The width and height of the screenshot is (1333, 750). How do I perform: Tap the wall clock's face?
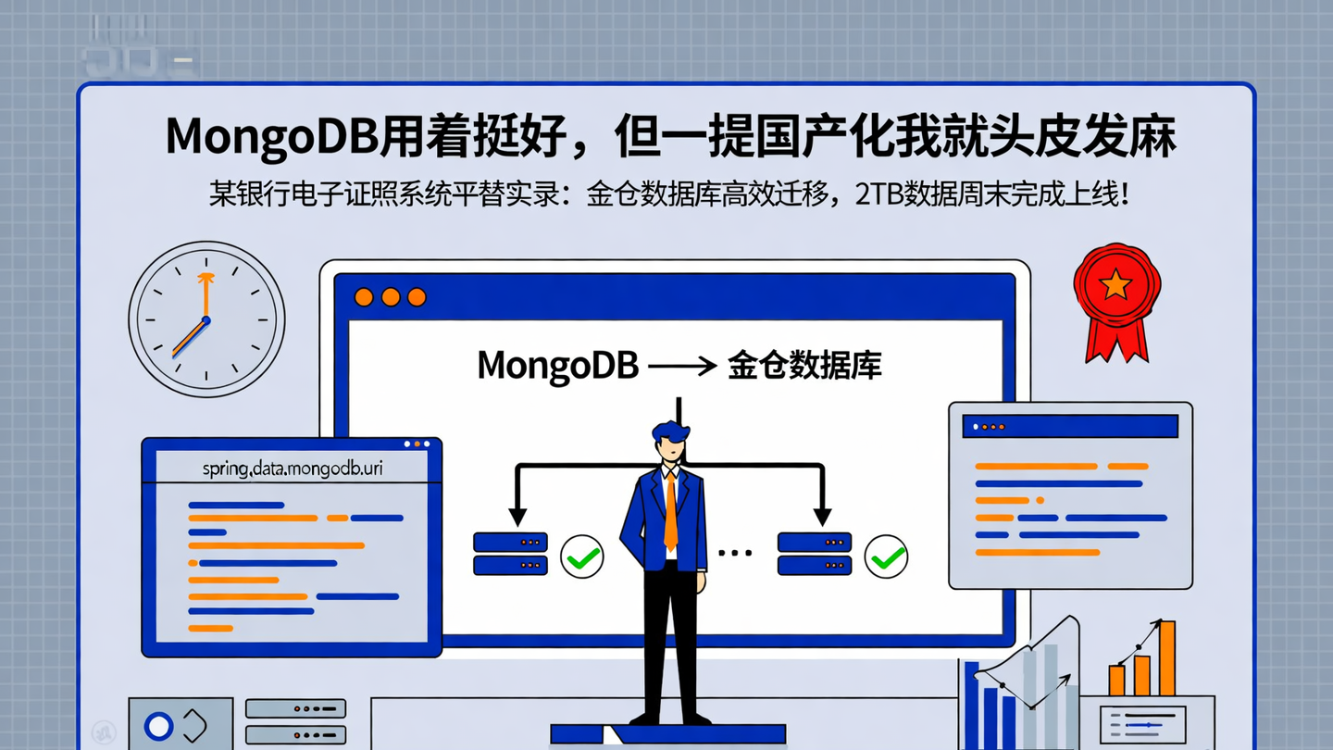click(206, 319)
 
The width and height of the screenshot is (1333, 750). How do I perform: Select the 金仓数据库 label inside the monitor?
click(804, 365)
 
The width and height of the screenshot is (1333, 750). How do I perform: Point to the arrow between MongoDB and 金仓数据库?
click(683, 366)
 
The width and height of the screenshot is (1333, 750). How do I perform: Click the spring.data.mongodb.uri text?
click(292, 469)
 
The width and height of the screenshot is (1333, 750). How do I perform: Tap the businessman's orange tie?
click(670, 514)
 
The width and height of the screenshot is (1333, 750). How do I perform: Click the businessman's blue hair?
click(670, 431)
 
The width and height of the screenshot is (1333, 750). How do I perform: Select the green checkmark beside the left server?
click(582, 556)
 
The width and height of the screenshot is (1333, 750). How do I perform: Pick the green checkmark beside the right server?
click(886, 556)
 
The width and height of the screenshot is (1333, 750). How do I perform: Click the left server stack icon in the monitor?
click(510, 554)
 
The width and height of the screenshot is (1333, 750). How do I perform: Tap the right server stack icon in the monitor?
click(814, 554)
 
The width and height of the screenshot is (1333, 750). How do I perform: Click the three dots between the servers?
click(735, 554)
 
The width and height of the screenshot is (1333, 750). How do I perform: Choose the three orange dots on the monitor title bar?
click(391, 297)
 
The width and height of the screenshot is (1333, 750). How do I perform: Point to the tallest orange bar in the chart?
click(1166, 658)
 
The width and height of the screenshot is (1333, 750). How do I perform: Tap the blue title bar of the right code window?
click(1070, 426)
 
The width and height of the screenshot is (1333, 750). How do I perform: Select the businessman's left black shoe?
click(644, 719)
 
